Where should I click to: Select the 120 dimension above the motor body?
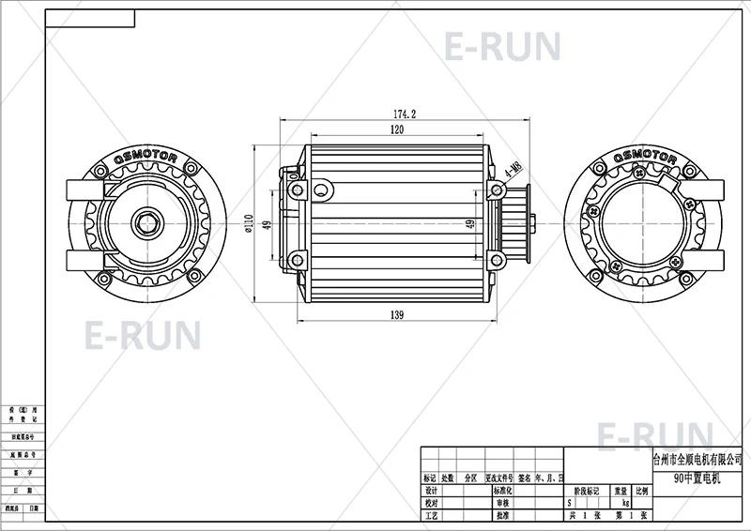coord(398,129)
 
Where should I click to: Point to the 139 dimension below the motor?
coord(398,315)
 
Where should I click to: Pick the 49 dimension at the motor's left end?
coord(267,224)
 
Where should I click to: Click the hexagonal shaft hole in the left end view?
coord(146,223)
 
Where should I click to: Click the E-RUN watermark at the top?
coord(502,46)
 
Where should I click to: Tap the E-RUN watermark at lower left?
coord(143,334)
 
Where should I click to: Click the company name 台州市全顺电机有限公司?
coord(697,461)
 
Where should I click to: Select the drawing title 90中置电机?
coord(696,477)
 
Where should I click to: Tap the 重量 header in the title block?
coord(621,491)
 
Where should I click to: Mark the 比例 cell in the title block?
coord(641,491)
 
